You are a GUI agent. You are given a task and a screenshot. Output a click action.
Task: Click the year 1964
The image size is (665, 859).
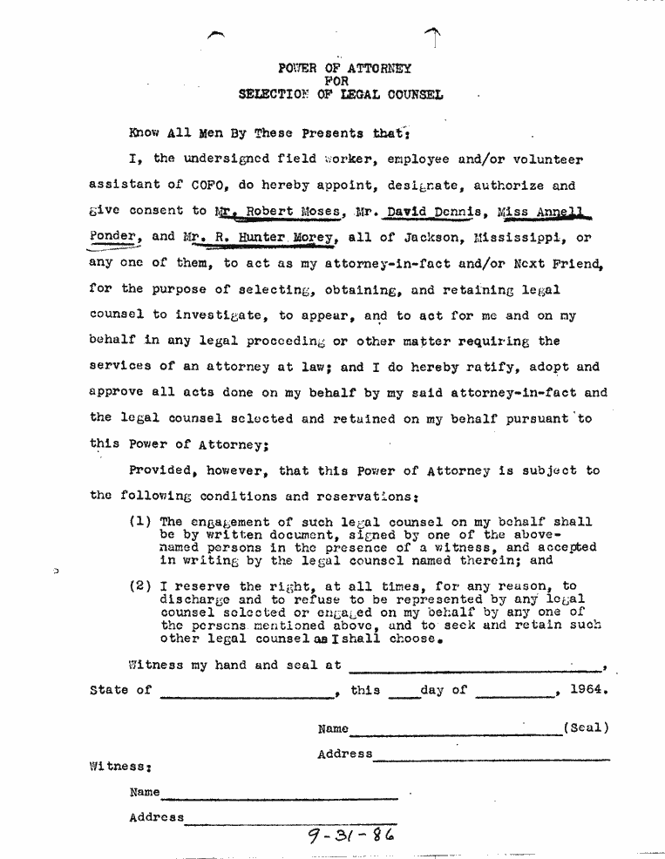click(x=587, y=690)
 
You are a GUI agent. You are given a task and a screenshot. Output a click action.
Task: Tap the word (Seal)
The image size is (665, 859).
click(x=586, y=727)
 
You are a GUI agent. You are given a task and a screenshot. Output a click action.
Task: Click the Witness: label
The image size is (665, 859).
click(x=122, y=767)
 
